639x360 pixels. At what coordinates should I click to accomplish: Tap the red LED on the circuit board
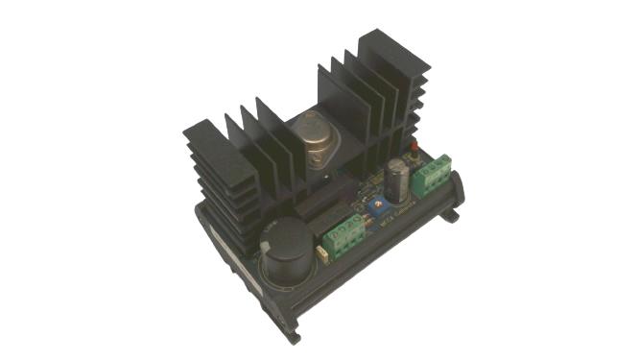pyautogui.click(x=414, y=150)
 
